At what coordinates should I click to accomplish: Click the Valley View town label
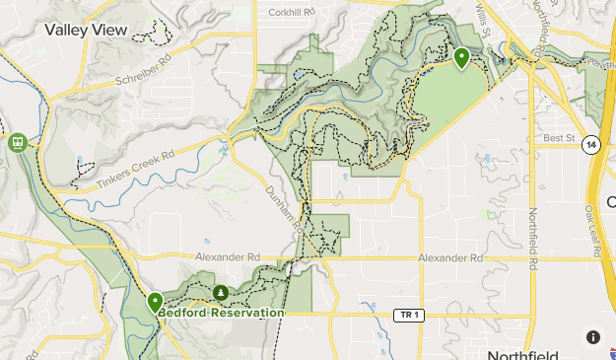pos(86,31)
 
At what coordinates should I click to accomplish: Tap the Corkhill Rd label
pos(290,13)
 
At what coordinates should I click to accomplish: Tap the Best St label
pos(558,138)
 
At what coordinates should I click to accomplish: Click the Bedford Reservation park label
pos(221,313)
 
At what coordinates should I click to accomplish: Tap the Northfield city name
pos(522,354)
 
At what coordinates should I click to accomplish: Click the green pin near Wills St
pos(461,58)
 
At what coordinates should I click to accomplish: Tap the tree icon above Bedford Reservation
pos(221,293)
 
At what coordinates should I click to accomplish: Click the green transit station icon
pos(17,142)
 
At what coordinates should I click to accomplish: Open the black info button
pos(593,337)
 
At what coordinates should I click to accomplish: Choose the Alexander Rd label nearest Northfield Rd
pos(451,258)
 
